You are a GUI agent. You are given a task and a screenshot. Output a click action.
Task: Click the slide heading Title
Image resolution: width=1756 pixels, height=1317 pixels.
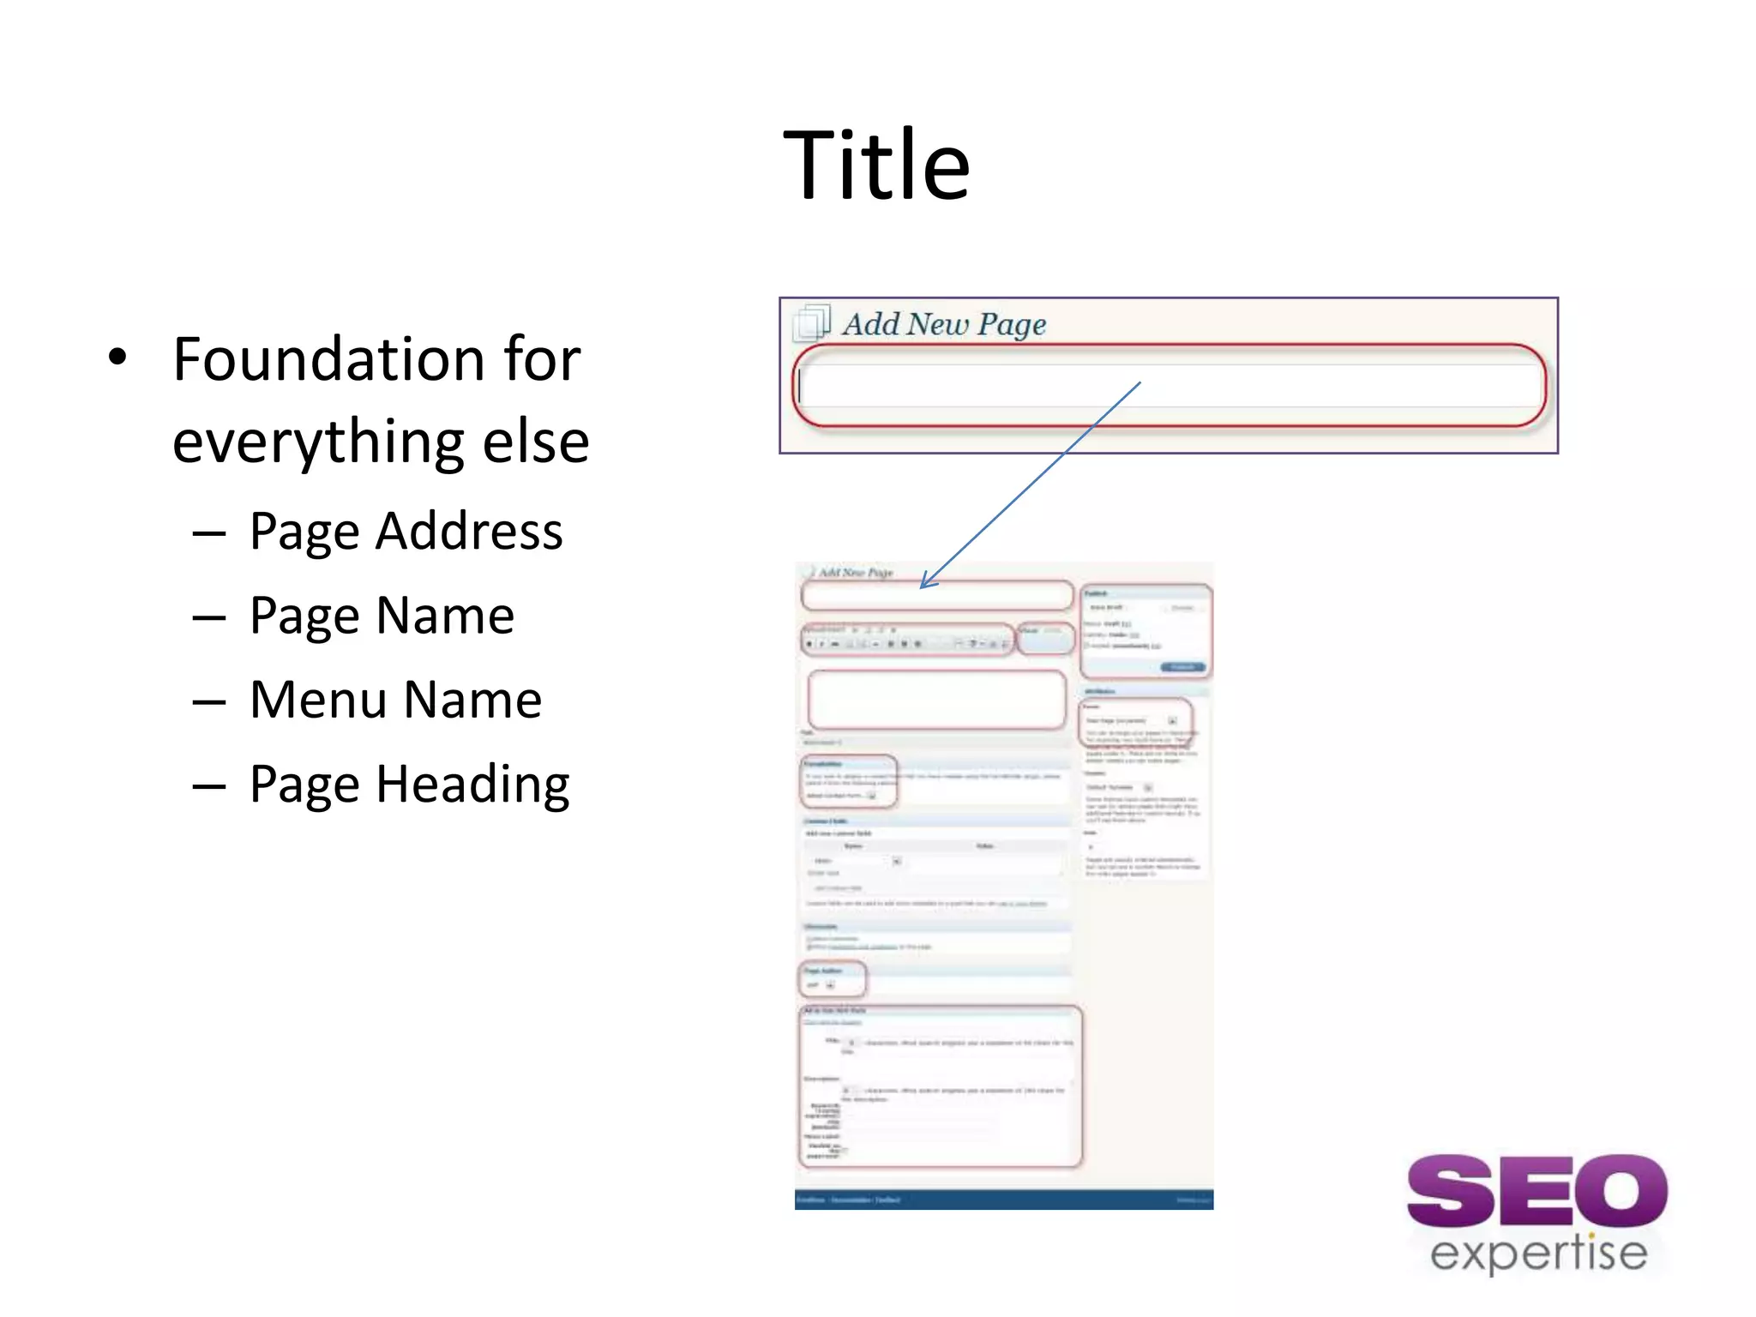[x=876, y=165]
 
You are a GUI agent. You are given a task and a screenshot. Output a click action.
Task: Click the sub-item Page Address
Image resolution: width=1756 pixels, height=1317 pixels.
[x=406, y=531]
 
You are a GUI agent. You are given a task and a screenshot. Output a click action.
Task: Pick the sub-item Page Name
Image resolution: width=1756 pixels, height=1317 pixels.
[x=382, y=615]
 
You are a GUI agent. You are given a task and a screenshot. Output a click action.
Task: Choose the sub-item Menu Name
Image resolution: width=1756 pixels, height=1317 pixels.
[x=395, y=700]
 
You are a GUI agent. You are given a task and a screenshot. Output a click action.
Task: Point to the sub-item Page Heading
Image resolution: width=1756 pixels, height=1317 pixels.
[x=409, y=784]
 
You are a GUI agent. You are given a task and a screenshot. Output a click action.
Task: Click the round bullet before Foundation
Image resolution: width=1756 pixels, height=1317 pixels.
[x=117, y=358]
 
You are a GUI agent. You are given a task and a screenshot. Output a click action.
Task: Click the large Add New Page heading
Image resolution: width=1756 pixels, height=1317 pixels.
[x=943, y=324]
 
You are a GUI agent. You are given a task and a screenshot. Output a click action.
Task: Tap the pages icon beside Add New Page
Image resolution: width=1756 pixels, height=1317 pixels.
[x=812, y=322]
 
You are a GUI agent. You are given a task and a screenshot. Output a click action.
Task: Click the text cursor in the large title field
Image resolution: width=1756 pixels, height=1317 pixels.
[x=799, y=386]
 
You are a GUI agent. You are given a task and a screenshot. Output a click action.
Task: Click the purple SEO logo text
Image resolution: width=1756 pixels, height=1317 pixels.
[x=1536, y=1190]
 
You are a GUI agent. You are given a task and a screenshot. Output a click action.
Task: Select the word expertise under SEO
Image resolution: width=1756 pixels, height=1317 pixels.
[x=1538, y=1254]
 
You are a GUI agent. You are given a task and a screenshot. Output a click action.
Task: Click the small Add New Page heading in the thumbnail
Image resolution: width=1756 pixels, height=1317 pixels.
[x=855, y=572]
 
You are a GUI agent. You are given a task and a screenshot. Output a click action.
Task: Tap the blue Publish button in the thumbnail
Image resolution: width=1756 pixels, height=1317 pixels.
[x=1183, y=667]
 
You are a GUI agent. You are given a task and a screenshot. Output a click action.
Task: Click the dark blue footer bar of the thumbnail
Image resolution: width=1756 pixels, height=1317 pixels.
[x=1003, y=1200]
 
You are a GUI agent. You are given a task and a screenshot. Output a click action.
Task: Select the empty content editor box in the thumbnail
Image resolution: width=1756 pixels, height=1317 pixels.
[x=936, y=700]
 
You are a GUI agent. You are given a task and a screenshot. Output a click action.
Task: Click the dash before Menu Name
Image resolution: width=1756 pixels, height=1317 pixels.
[x=209, y=702]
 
